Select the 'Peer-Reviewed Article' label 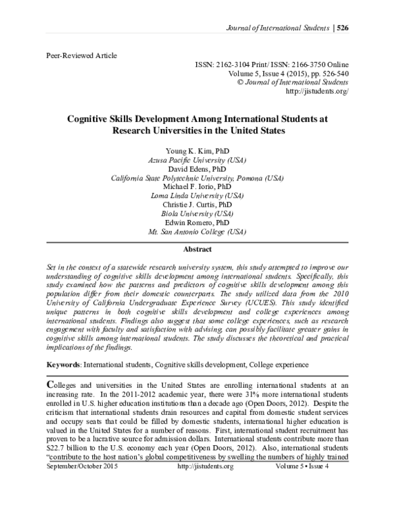coord(82,56)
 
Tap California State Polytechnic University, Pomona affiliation coord(197,177)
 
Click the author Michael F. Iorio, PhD coord(197,186)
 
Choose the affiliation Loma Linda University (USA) coord(197,196)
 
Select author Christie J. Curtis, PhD coord(197,205)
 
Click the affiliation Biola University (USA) coord(197,214)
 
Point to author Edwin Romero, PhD coord(197,223)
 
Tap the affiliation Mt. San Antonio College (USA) coord(197,232)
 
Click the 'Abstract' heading coord(197,250)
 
